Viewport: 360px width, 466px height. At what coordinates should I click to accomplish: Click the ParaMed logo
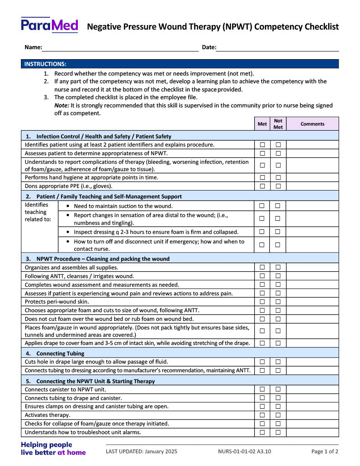(x=50, y=25)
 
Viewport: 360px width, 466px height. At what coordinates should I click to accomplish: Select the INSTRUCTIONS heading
(x=46, y=64)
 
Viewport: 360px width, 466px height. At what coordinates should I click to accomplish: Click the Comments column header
(x=312, y=124)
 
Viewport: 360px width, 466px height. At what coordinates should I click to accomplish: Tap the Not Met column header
(x=278, y=124)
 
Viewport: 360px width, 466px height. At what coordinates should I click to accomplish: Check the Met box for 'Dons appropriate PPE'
(x=262, y=186)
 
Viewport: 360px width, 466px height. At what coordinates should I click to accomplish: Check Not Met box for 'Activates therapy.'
(x=278, y=415)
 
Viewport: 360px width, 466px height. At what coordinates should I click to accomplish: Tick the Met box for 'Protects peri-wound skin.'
(x=262, y=302)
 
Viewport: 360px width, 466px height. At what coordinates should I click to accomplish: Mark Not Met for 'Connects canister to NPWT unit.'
(x=278, y=389)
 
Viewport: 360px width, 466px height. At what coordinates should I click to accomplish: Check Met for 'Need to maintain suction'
(x=262, y=206)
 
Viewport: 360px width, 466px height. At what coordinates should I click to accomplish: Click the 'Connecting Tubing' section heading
(x=60, y=353)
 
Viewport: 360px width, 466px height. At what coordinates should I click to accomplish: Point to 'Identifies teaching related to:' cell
(x=38, y=212)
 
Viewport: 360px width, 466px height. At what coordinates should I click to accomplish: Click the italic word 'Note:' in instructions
(x=62, y=105)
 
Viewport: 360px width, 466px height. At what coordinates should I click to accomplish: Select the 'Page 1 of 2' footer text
(x=325, y=451)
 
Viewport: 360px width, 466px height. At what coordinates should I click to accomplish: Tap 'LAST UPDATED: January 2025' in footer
(x=142, y=451)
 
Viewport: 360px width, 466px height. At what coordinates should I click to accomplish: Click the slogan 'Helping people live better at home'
(x=53, y=448)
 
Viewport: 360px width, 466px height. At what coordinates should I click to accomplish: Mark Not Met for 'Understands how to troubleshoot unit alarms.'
(x=278, y=432)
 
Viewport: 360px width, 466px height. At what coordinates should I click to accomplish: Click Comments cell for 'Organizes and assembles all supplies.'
(x=312, y=268)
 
